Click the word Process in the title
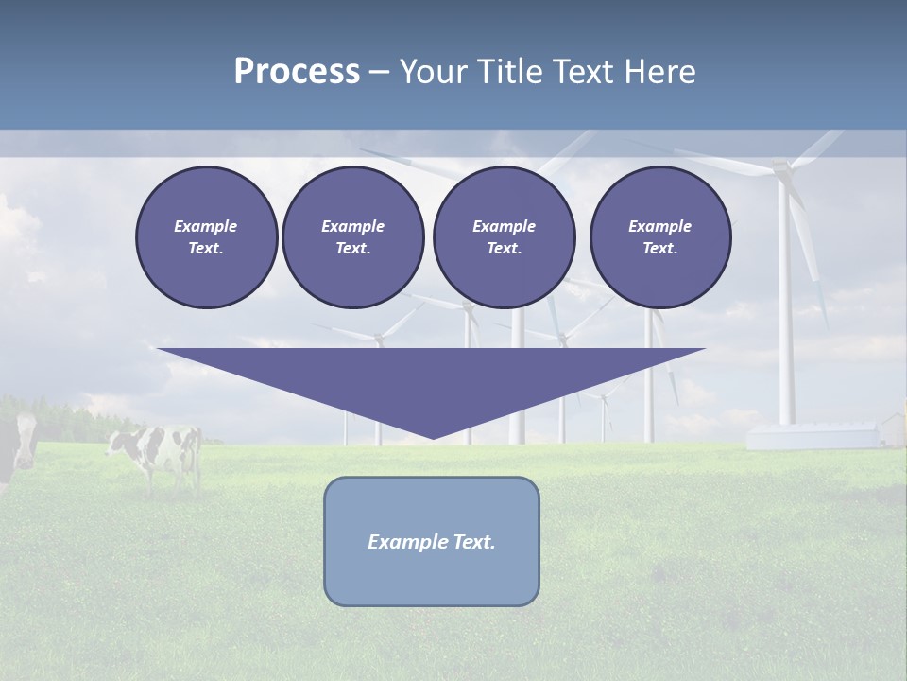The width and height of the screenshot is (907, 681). point(297,72)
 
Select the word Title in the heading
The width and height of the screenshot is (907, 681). point(510,72)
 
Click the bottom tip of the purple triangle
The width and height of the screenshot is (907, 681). point(433,436)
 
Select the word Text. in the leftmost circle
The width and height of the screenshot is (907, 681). point(206,248)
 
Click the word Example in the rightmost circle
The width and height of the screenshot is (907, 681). point(659,226)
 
